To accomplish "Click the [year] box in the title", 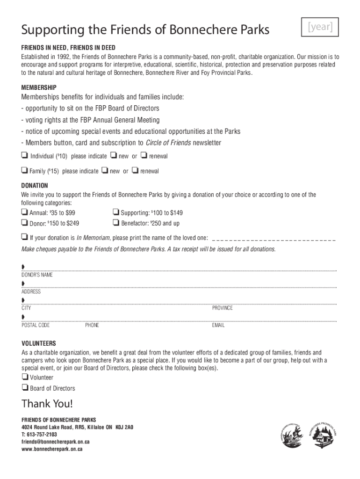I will [x=321, y=28].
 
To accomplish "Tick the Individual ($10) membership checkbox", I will [x=24, y=156].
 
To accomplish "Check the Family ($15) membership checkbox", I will [x=24, y=170].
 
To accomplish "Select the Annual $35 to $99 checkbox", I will [x=24, y=212].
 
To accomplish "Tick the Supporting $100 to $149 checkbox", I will [x=115, y=212].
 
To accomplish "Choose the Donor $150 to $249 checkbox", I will [x=24, y=223].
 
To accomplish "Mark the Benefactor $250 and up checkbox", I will [x=115, y=223].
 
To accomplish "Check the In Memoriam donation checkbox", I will [x=24, y=237].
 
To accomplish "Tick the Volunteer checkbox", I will [x=24, y=377].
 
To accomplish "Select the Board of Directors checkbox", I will [x=24, y=388].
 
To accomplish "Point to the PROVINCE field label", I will [x=222, y=308].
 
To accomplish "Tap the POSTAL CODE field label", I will [x=36, y=325].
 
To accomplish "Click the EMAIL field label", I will [x=218, y=325].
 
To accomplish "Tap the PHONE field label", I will [x=92, y=325].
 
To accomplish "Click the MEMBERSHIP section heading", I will [x=39, y=87].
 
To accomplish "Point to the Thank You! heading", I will [x=47, y=404].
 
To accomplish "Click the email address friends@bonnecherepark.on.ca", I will [x=56, y=442].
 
